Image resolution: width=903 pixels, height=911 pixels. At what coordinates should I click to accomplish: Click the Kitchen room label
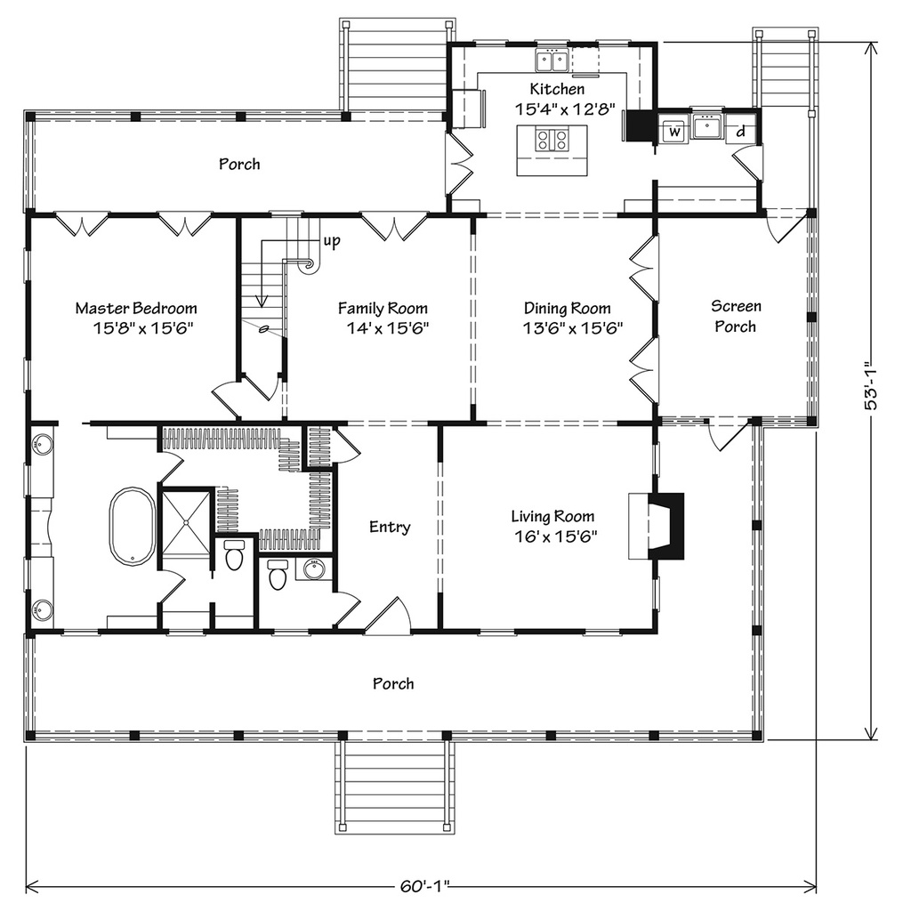tap(557, 89)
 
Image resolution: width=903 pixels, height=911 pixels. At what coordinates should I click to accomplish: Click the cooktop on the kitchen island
tap(552, 140)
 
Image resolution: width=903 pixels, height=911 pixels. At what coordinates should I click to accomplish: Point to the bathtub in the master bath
tap(132, 525)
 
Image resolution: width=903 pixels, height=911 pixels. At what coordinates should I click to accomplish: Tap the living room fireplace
tap(663, 526)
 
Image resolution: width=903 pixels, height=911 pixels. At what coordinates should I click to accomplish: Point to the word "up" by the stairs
tap(331, 240)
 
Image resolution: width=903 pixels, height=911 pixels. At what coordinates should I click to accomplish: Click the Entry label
tap(390, 528)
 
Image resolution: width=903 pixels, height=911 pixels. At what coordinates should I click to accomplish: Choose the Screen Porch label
tap(735, 317)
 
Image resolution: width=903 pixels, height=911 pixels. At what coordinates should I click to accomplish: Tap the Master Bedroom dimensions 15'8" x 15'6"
tap(135, 327)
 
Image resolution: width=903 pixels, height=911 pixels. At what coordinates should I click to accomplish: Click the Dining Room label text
tap(567, 309)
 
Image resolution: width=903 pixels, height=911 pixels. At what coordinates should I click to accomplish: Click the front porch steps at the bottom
tap(393, 786)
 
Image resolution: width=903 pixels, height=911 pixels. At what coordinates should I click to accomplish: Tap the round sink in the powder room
tap(312, 568)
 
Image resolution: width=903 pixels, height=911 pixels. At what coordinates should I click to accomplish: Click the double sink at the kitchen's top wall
tap(552, 60)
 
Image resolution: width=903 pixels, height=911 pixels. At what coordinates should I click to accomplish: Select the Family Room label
tap(383, 309)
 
